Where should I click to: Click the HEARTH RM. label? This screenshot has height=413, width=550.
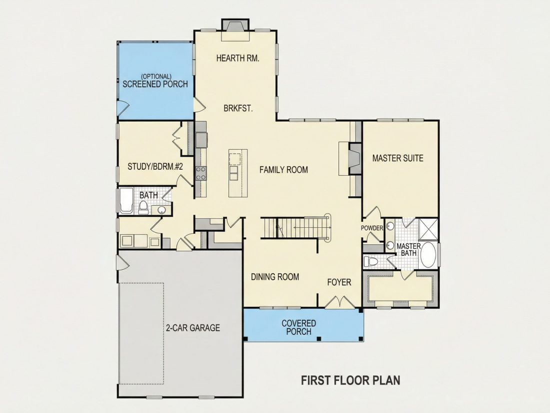point(238,58)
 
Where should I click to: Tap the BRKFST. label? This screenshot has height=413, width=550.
point(238,108)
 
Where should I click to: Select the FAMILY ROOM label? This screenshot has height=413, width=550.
point(284,170)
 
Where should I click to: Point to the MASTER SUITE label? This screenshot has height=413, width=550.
point(398,158)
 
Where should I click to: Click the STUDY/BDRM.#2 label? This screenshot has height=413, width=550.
point(155,167)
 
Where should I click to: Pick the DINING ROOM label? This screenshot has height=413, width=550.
point(275,277)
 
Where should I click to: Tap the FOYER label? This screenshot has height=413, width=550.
point(339,282)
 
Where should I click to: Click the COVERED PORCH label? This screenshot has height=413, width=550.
point(299,327)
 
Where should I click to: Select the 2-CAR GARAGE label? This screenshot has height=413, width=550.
point(193,328)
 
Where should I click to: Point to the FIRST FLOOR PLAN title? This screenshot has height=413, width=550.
point(351,380)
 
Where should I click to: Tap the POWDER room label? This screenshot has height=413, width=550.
point(372,228)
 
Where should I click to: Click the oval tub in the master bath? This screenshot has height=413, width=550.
point(428,254)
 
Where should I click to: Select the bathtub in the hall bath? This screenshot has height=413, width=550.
point(126,201)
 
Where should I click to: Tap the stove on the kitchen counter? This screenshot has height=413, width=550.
point(201,173)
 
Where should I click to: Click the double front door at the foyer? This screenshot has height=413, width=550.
point(339,302)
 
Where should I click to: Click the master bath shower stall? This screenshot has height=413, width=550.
point(428,229)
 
